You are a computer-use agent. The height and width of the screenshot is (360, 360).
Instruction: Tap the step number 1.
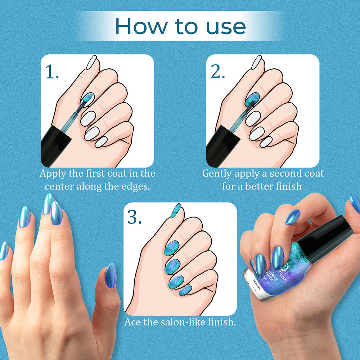[52, 72]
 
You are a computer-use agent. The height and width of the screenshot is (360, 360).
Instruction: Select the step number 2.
[218, 72]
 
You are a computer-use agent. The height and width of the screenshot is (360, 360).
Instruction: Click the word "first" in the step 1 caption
[81, 174]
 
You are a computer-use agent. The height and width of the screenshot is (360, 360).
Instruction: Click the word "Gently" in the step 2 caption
[217, 174]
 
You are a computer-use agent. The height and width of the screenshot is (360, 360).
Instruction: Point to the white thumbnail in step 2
[256, 62]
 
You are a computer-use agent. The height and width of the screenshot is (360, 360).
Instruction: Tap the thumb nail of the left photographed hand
[111, 275]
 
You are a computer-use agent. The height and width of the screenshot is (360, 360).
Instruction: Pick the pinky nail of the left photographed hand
[4, 251]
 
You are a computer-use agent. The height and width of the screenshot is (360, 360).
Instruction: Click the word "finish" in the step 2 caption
[289, 186]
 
